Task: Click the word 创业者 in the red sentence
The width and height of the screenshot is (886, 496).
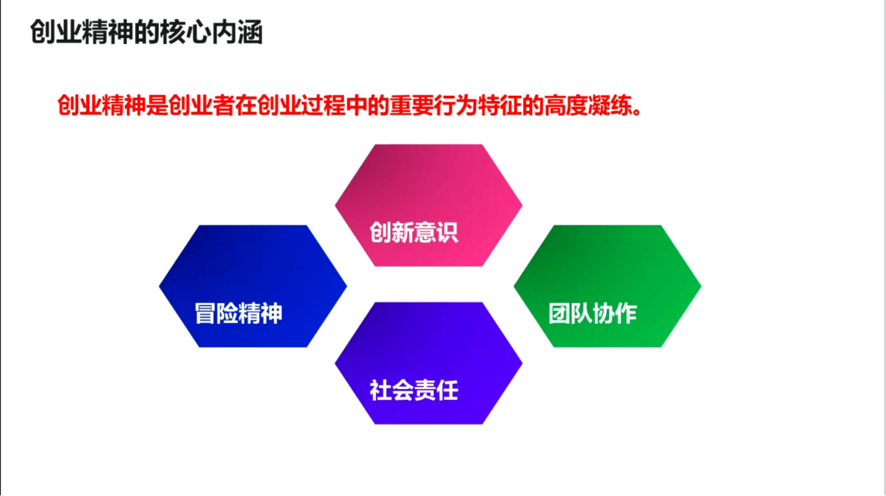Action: point(201,105)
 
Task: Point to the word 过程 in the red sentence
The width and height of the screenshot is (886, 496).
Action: point(323,105)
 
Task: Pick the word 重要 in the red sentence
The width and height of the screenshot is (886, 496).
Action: point(412,105)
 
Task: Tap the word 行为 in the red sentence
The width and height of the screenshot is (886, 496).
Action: point(456,105)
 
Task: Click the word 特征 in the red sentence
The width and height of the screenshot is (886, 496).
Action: point(500,105)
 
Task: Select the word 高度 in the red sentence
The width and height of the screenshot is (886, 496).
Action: point(566,105)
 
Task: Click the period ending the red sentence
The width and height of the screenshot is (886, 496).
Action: point(637,111)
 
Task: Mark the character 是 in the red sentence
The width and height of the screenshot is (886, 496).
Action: point(157,105)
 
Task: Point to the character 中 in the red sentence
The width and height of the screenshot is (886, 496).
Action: point(356,105)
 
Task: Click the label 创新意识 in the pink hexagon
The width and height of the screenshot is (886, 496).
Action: point(414,232)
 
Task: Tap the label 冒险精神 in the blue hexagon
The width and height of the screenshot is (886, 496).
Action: point(238,313)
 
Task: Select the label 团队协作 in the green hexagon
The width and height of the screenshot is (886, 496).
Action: point(592,313)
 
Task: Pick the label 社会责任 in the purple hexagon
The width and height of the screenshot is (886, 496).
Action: point(414,390)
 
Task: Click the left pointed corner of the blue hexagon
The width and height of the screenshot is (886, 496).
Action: point(159,286)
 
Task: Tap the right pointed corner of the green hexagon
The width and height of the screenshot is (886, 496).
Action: point(701,286)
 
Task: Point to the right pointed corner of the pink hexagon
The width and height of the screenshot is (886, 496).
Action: point(522,206)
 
